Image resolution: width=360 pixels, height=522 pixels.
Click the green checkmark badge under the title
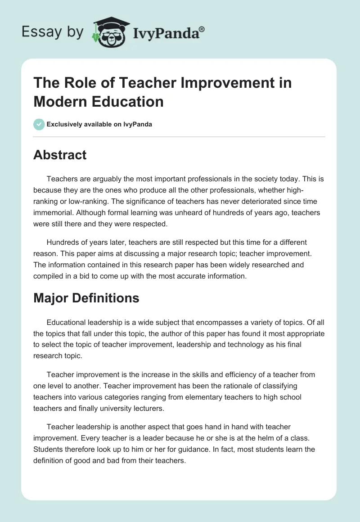(39, 124)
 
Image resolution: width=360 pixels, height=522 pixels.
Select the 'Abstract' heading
(60, 155)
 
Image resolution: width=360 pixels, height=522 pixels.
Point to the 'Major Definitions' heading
(86, 298)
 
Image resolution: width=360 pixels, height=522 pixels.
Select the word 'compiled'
(50, 276)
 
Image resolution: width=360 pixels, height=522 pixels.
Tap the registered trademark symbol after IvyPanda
(202, 29)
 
